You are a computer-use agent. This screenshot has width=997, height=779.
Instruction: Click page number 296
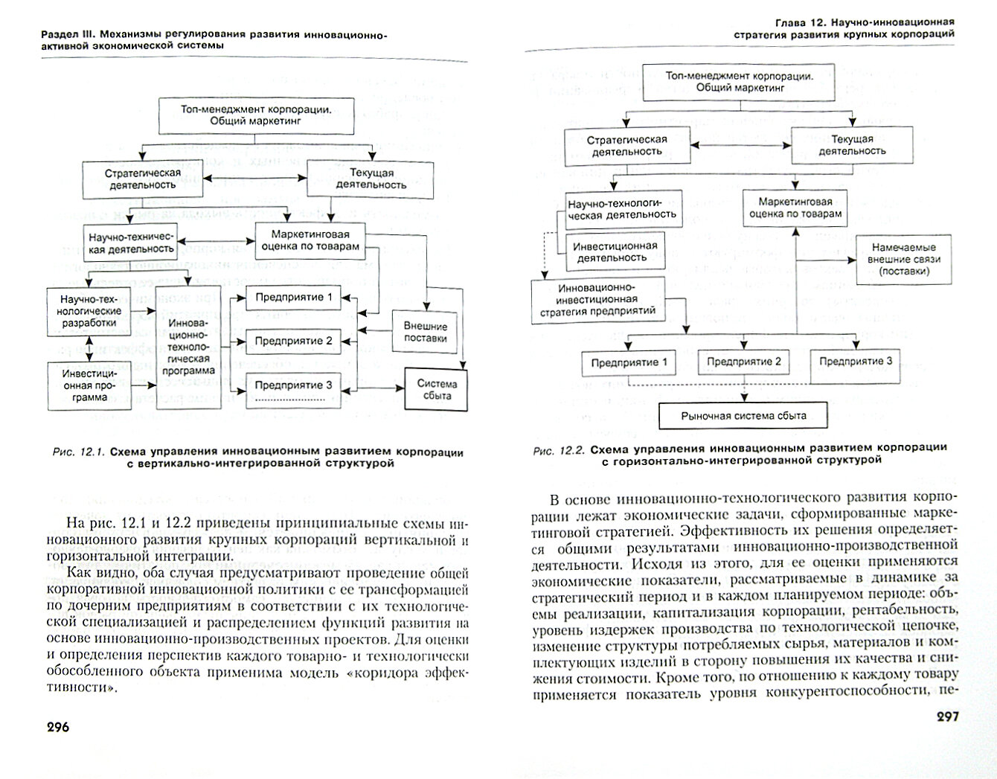pos(48,727)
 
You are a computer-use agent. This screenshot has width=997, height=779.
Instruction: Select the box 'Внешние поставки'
pos(425,332)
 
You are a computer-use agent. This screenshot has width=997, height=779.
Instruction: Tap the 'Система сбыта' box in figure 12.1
pos(437,389)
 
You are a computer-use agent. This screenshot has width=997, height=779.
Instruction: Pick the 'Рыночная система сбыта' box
pos(743,416)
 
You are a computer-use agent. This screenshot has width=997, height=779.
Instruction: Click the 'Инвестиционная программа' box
pos(90,385)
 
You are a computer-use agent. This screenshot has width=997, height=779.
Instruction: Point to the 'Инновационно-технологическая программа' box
pos(187,347)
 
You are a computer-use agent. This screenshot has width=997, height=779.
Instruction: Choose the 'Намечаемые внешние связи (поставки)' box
pos(903,259)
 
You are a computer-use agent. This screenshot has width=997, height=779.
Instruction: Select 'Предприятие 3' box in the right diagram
pos(856,362)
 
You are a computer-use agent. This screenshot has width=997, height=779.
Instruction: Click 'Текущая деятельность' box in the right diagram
pos(852,144)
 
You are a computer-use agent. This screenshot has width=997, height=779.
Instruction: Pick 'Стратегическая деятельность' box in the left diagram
pos(141,179)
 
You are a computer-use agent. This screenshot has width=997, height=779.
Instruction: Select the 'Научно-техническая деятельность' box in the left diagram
pos(132,242)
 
